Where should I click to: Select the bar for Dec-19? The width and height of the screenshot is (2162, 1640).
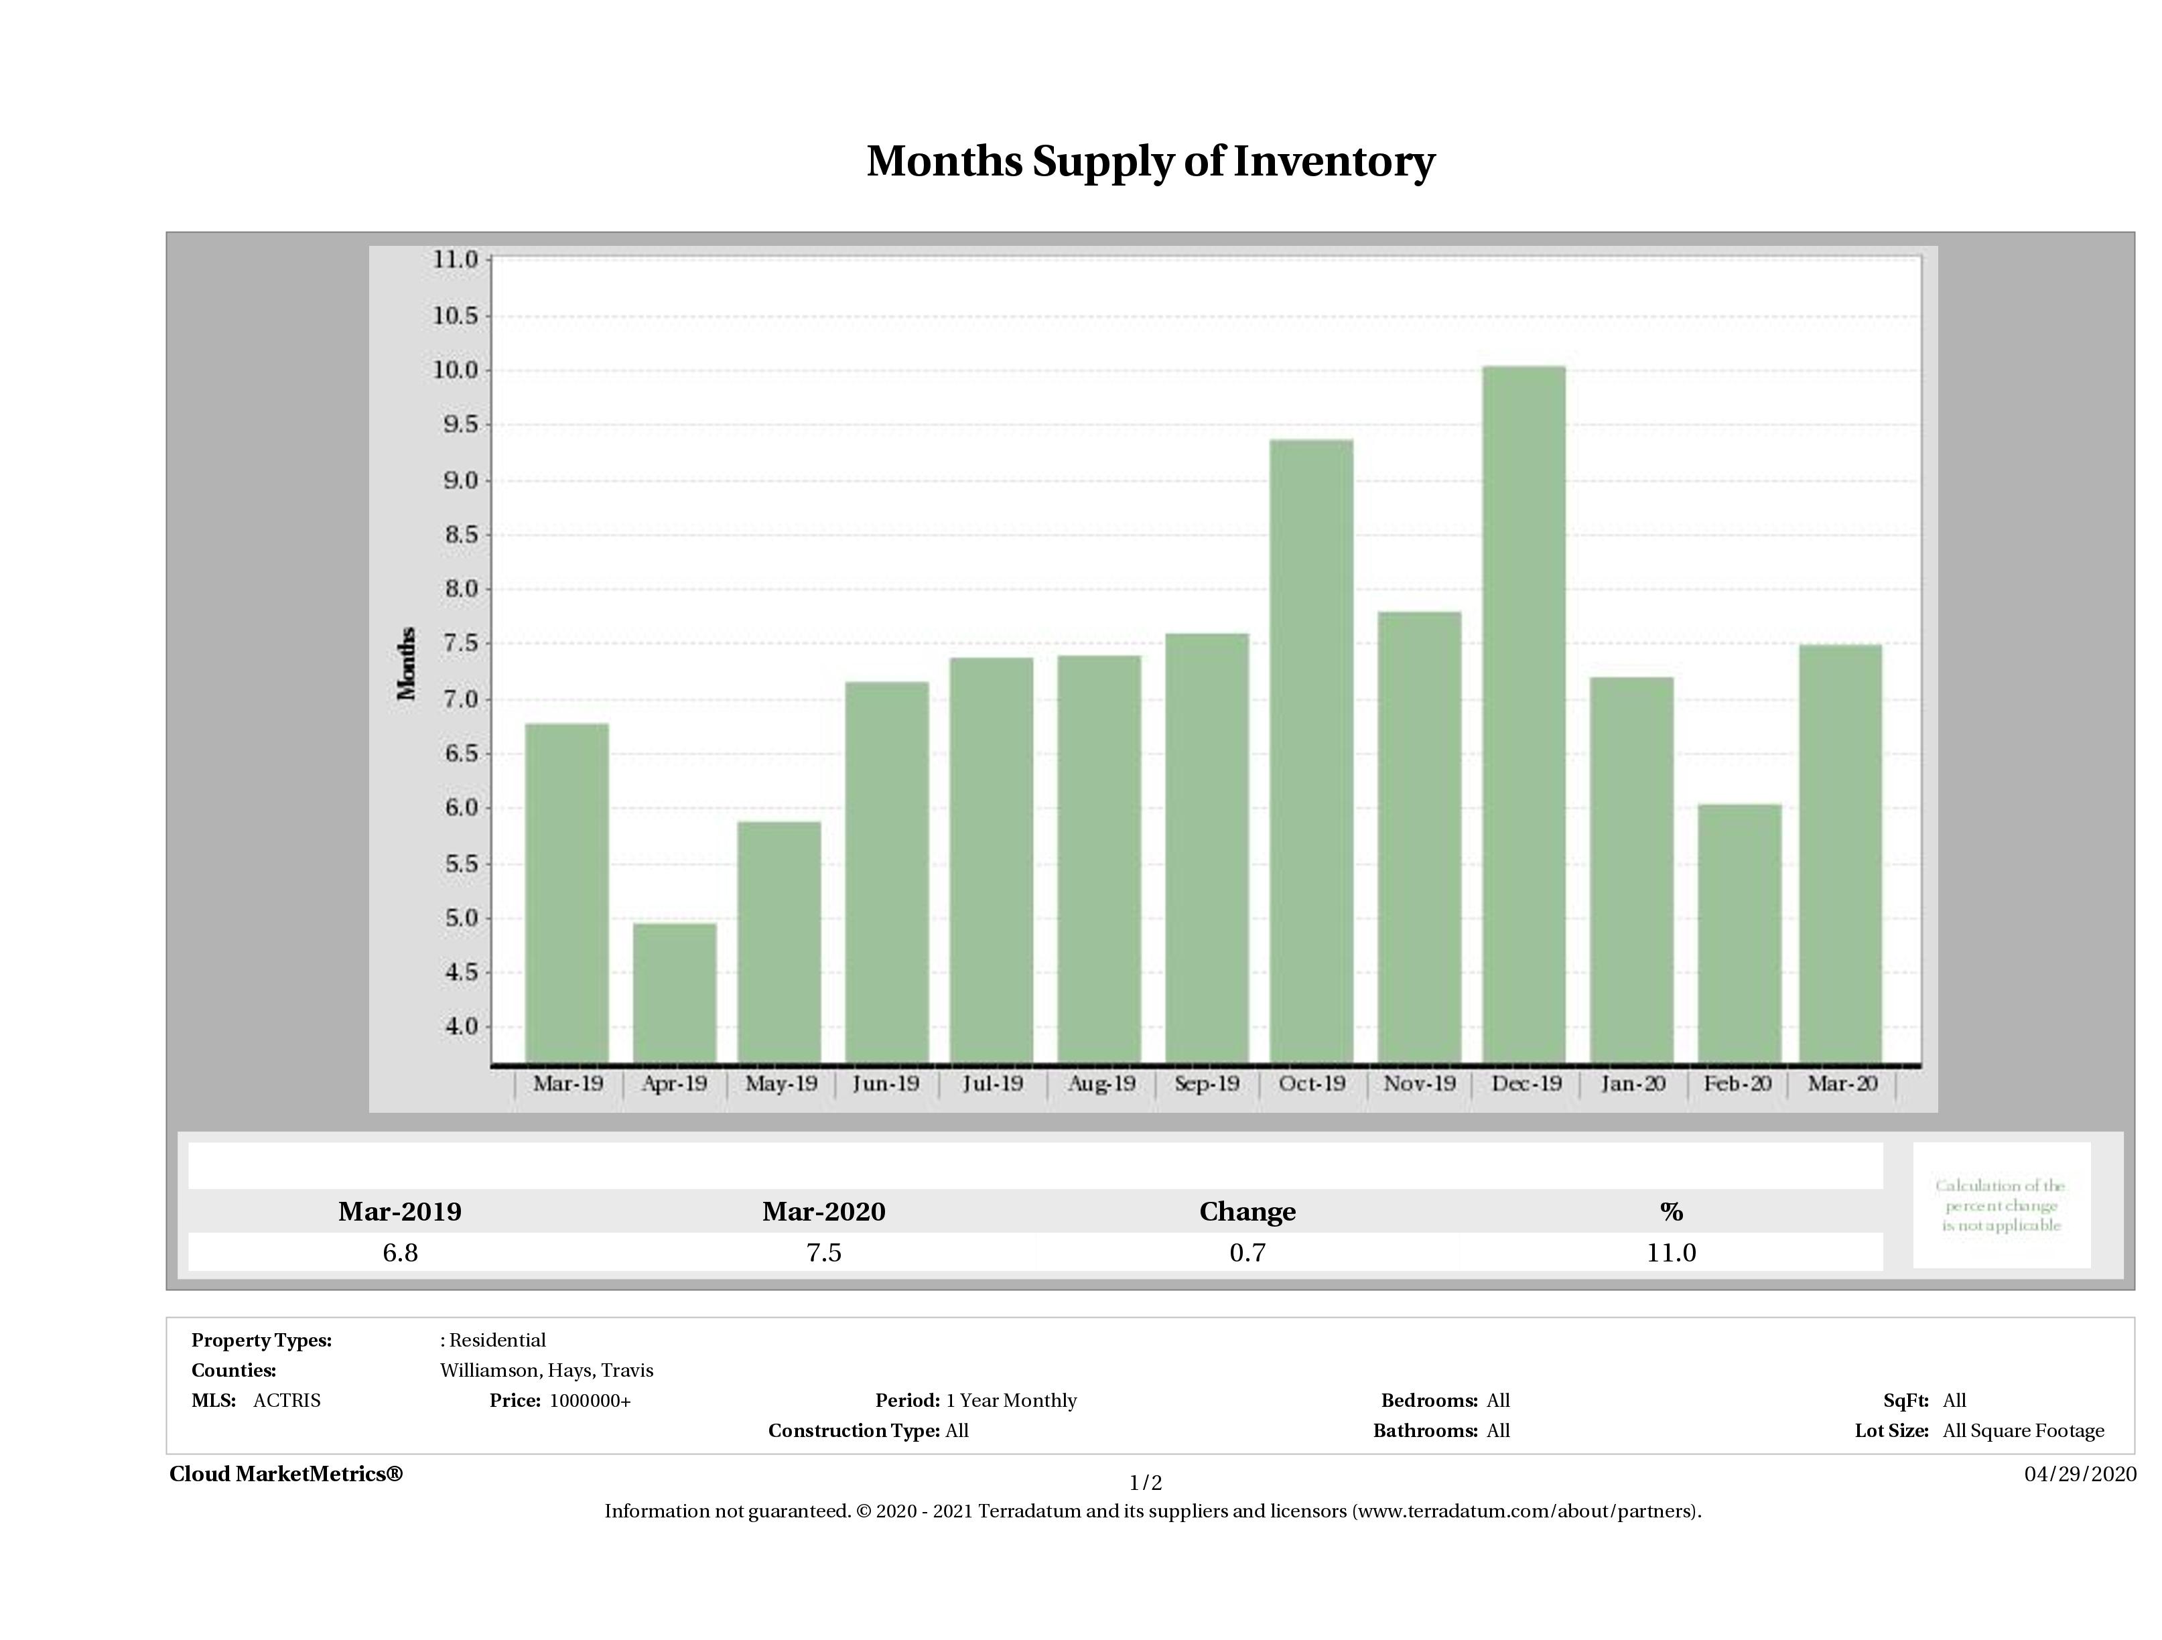tap(1524, 714)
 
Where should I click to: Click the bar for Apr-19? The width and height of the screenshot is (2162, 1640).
tap(675, 993)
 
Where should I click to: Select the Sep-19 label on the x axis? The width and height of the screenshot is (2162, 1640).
tap(1206, 1083)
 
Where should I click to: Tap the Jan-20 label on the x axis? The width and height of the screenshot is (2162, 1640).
tap(1632, 1083)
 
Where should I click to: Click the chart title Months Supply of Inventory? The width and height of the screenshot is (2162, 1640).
tap(1150, 161)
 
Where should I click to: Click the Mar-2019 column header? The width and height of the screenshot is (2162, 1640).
tap(400, 1212)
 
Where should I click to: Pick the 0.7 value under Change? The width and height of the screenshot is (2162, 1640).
tap(1247, 1253)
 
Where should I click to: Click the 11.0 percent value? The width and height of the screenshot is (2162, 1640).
tap(1670, 1253)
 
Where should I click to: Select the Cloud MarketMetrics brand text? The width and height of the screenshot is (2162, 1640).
tap(285, 1474)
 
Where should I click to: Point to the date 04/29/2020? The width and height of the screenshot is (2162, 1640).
tap(2080, 1474)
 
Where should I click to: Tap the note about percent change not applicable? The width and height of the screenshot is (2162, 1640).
tap(2001, 1205)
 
